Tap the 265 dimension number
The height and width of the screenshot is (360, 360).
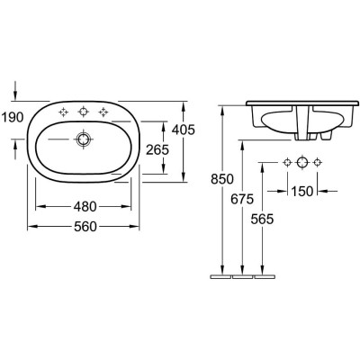tap(157, 150)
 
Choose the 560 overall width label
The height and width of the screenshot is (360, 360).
tap(85, 229)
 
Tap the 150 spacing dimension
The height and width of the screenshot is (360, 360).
tap(303, 190)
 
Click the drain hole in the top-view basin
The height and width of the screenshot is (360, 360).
tap(84, 139)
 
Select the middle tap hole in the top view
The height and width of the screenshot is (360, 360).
tap(84, 112)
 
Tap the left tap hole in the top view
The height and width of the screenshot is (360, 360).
tap(63, 112)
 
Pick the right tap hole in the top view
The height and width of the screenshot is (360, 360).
tap(104, 112)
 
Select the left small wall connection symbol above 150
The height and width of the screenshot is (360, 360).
tap(287, 163)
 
